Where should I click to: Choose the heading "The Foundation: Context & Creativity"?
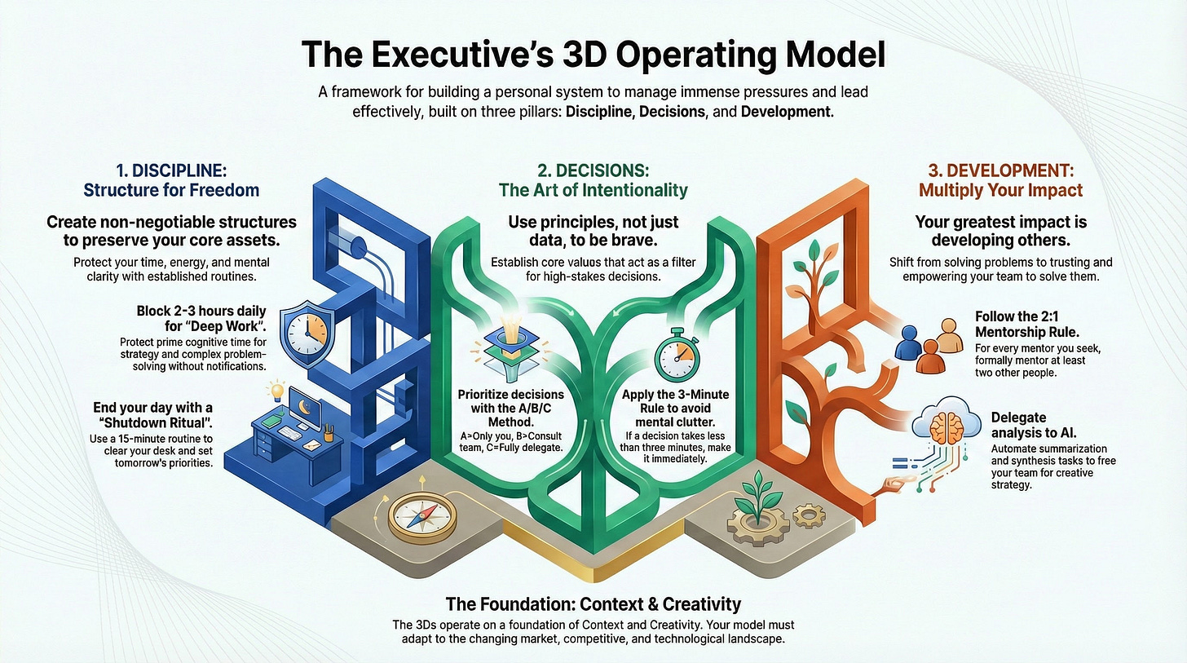click(593, 604)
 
